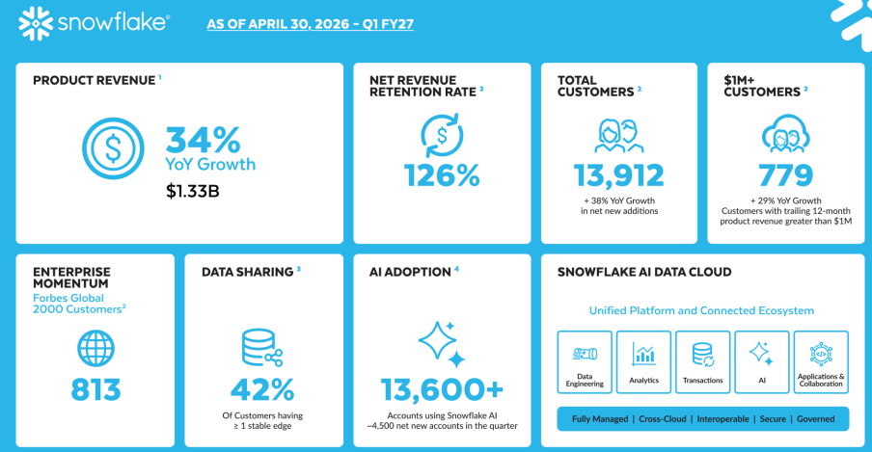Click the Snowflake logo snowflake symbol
click(x=36, y=24)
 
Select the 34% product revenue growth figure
click(x=204, y=140)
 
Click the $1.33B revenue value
click(x=192, y=191)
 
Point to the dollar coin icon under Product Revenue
click(x=113, y=148)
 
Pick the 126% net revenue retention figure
click(x=442, y=175)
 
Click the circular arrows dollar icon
click(x=442, y=135)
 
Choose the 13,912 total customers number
click(x=619, y=175)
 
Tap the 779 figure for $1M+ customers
click(x=786, y=175)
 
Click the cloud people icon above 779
click(x=786, y=133)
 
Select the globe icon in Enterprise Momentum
click(x=95, y=349)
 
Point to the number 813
click(x=95, y=389)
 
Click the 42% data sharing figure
click(x=262, y=389)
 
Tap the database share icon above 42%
click(x=262, y=348)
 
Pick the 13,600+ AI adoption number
click(x=442, y=389)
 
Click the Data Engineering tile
click(x=585, y=362)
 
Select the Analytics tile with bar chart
click(x=644, y=362)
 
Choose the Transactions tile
click(x=703, y=362)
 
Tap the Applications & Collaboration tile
click(x=821, y=362)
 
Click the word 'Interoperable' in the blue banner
click(x=722, y=419)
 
